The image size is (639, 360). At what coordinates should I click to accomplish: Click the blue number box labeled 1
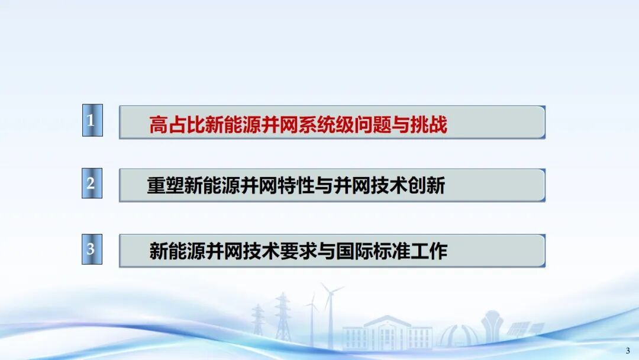tap(92, 120)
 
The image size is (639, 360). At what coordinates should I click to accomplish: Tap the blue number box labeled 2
tap(92, 183)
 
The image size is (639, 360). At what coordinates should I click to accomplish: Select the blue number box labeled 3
tap(92, 249)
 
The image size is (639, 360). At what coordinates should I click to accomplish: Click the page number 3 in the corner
tap(628, 351)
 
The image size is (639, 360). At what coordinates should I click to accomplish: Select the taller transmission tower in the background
tap(282, 317)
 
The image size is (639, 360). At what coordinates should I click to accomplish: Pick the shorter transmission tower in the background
tap(258, 320)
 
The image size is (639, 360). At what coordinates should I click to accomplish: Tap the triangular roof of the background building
tap(387, 320)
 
